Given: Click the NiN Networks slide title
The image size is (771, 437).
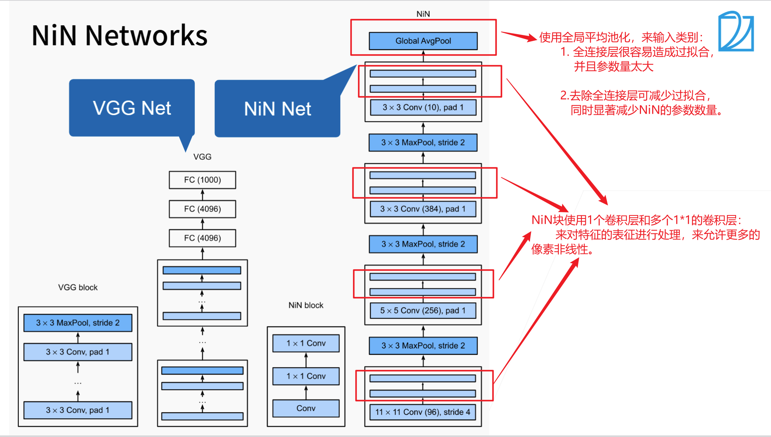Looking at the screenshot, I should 119,35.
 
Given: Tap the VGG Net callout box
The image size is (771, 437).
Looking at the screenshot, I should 132,108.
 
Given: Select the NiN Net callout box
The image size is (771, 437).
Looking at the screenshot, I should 277,109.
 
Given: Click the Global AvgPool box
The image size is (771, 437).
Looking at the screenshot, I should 423,41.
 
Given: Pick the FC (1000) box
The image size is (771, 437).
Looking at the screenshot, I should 202,180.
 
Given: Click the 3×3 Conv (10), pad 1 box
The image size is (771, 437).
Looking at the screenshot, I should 423,108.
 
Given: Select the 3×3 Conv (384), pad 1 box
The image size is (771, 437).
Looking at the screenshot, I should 423,209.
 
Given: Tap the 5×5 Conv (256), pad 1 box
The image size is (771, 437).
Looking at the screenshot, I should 423,310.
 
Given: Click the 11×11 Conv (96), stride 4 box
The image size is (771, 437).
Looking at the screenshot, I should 423,412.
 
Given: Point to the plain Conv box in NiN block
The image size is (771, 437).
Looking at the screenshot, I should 306,408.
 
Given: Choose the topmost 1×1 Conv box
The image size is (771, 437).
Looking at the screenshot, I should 306,343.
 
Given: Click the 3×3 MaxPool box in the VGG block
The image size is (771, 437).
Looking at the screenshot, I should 78,323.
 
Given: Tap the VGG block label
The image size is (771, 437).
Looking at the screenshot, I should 78,287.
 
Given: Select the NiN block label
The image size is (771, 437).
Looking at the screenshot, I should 306,305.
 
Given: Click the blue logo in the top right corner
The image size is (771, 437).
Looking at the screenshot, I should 736,31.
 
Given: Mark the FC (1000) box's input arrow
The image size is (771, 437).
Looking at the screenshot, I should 203,195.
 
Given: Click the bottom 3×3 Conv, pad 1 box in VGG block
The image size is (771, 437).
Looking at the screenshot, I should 78,410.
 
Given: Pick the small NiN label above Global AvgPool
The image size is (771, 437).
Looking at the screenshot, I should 423,14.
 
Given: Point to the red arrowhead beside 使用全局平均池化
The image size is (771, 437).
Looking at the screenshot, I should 531,37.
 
